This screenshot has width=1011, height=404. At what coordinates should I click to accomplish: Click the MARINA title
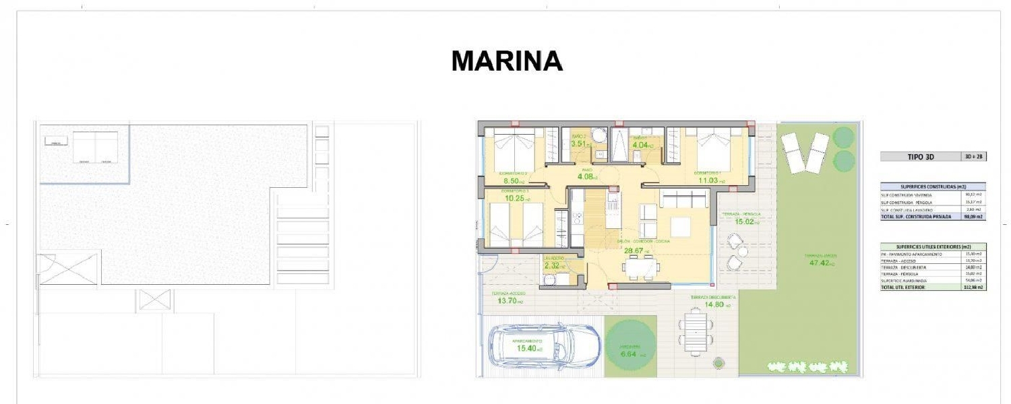point(507,61)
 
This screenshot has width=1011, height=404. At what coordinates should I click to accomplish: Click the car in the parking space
point(544,345)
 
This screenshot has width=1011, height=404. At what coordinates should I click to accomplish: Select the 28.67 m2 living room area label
point(636,251)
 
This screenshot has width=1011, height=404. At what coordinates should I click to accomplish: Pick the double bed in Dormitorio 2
point(514,149)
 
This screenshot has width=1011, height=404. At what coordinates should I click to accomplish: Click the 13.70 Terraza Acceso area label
point(511,301)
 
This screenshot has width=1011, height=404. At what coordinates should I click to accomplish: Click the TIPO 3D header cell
point(920,157)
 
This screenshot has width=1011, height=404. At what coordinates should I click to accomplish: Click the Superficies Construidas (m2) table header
point(933,186)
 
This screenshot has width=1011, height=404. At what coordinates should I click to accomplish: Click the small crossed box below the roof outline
point(155,300)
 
